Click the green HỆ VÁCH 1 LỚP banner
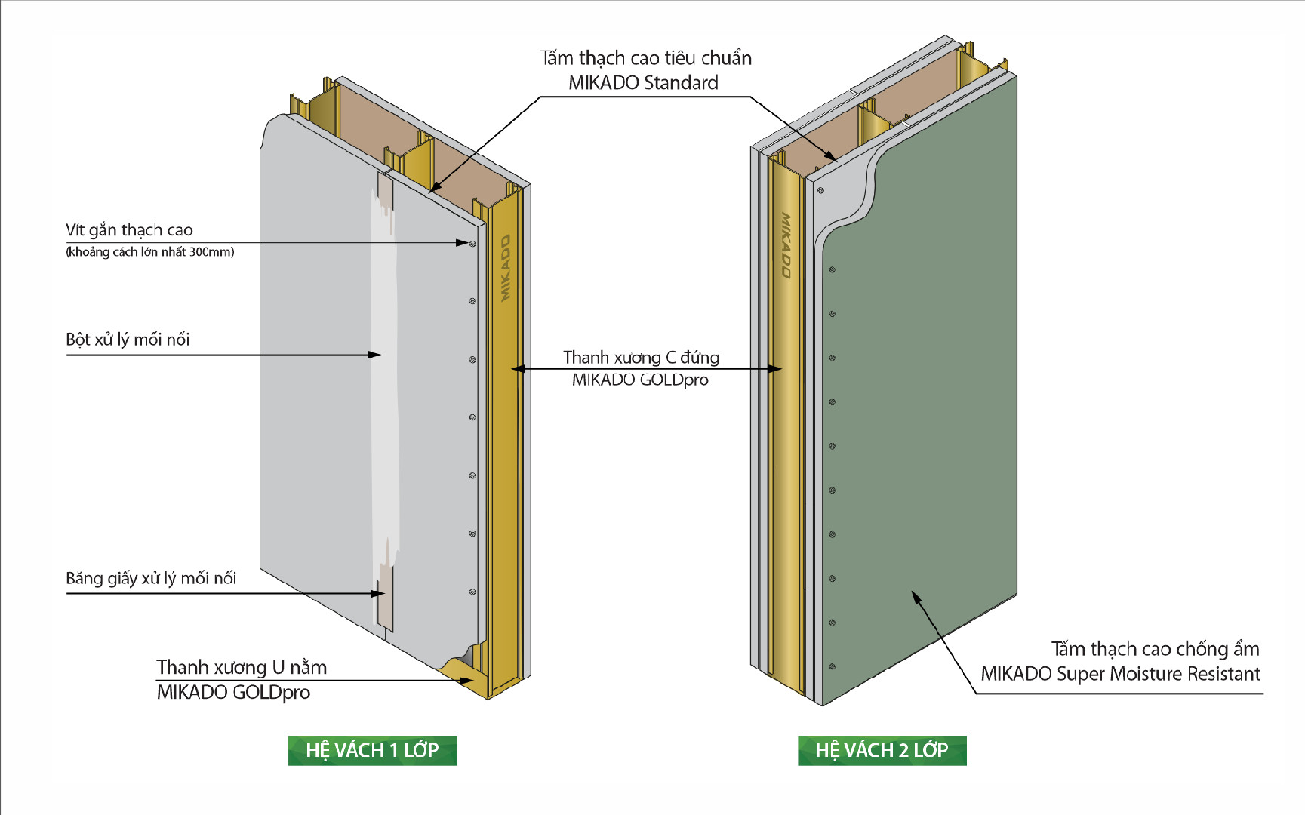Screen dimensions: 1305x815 pos(373,750)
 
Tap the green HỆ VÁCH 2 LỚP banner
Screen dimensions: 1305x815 pos(882,750)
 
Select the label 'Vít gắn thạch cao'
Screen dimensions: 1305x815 pos(129,230)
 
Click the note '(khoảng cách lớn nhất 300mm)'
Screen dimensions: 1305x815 pos(150,252)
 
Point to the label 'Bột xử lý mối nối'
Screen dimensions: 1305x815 pos(128,340)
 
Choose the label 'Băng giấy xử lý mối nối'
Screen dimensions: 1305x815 pos(151,578)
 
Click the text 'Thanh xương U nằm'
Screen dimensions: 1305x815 pos(242,667)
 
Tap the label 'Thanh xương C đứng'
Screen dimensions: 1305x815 pos(641,357)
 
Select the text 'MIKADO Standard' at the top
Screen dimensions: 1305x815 pos(643,83)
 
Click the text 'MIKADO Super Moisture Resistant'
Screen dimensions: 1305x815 pos(1121,674)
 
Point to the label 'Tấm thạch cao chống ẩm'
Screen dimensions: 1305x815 pos(1156,649)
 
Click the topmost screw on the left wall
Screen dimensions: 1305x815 pos(472,243)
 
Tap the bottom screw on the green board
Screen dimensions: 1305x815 pos(833,667)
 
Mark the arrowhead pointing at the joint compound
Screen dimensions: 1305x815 pos(375,355)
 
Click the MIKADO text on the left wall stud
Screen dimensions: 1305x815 pos(505,268)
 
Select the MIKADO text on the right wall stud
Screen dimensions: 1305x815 pos(786,245)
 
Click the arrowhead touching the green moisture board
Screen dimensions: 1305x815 pos(916,598)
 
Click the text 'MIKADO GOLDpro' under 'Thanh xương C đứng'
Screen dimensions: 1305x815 pos(640,380)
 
